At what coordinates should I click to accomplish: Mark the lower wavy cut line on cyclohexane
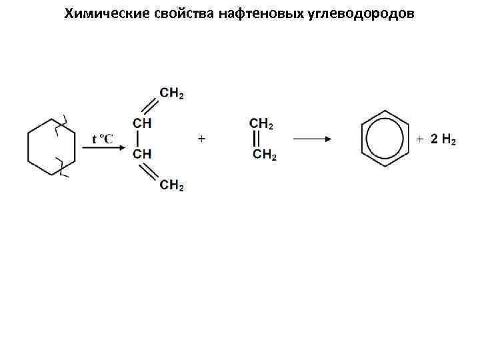coord(62,167)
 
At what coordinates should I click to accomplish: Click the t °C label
coord(103,139)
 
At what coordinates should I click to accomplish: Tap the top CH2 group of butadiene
coord(172,94)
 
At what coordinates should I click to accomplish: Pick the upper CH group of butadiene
coord(142,123)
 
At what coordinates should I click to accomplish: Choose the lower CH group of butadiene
coord(142,155)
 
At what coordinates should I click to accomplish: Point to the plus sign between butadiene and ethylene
coord(201,139)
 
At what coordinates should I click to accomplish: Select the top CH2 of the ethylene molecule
coord(262,123)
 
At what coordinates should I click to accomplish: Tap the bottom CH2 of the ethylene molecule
coord(265,155)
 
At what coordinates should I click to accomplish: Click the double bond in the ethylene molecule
coord(257,139)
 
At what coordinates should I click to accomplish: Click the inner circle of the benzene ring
coord(385,138)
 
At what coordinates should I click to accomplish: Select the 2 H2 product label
coord(443,139)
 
